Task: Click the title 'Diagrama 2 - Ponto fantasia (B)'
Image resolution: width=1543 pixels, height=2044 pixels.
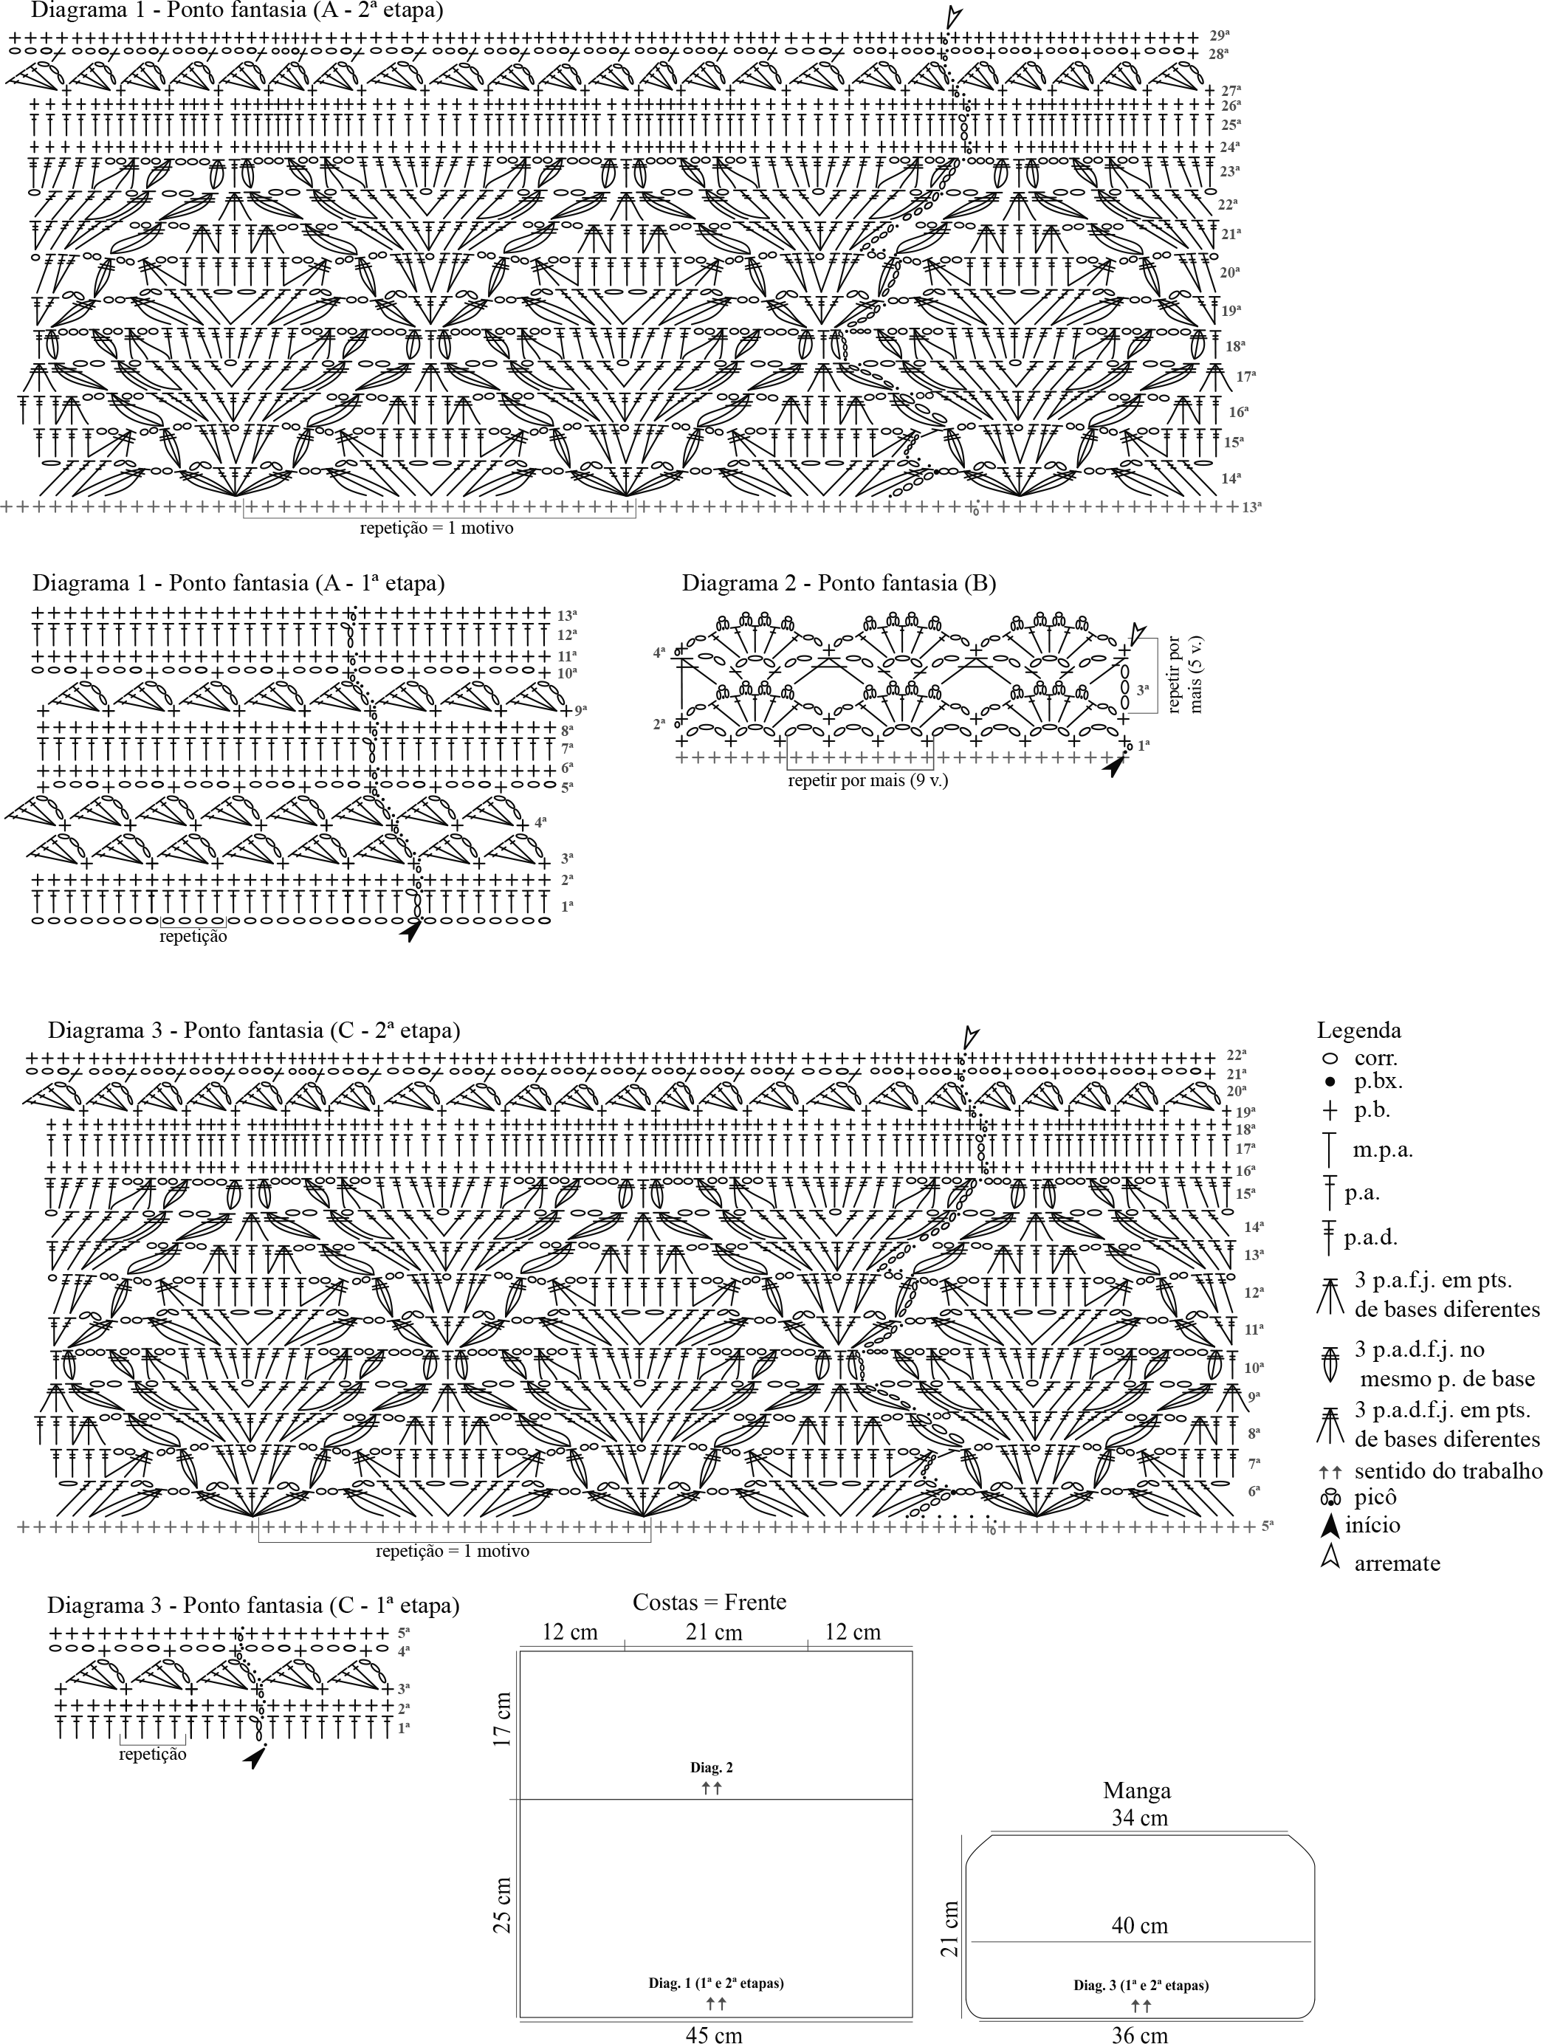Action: (x=839, y=583)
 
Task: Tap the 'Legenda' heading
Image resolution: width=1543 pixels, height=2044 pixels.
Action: (x=1358, y=1030)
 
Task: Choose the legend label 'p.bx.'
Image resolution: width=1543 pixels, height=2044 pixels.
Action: (x=1378, y=1081)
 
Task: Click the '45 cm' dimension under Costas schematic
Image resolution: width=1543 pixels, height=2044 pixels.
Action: (x=713, y=2033)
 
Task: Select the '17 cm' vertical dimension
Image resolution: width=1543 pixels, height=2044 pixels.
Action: (x=502, y=1718)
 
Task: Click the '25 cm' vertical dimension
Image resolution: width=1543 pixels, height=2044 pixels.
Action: (x=502, y=1905)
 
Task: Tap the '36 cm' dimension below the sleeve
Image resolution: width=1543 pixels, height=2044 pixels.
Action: (x=1139, y=2033)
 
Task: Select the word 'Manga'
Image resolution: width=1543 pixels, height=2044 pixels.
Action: (x=1136, y=1791)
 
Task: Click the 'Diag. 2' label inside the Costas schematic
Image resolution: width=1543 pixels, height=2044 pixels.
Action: (x=712, y=1768)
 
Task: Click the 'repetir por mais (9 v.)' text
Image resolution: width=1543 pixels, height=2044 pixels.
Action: (x=867, y=781)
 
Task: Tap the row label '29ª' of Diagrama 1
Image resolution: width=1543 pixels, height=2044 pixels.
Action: (x=1220, y=35)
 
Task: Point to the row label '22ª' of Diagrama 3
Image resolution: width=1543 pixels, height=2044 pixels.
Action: (x=1237, y=1054)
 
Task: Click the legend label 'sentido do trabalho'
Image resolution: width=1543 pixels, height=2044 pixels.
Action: (x=1448, y=1471)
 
